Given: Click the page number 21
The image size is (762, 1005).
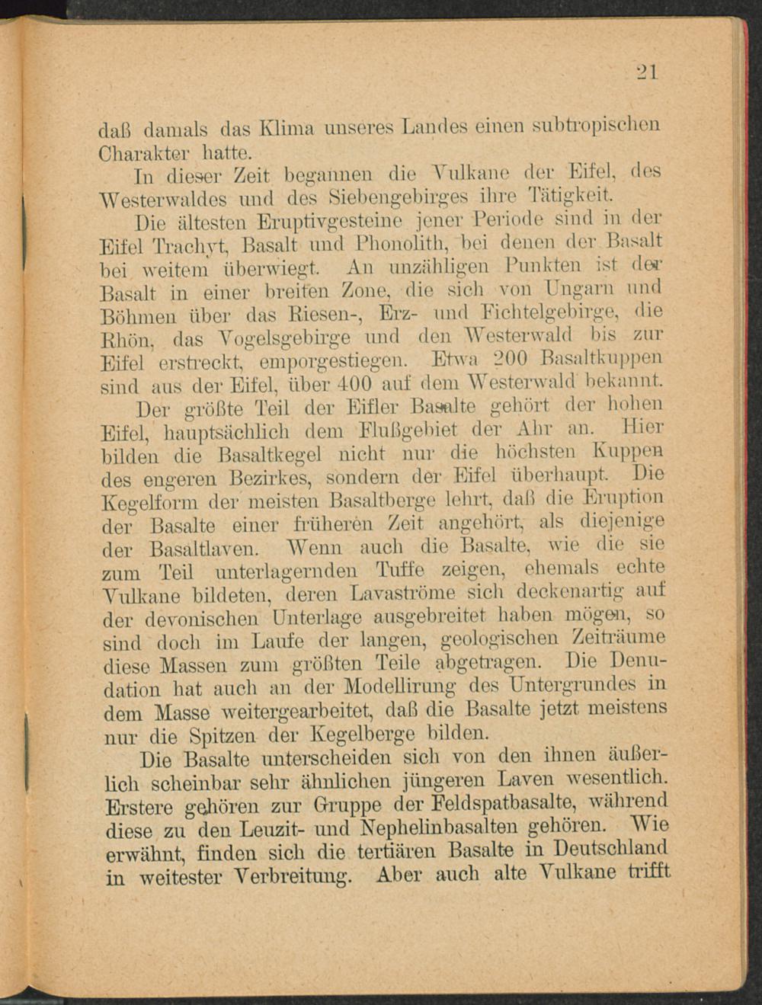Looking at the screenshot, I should point(647,72).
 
